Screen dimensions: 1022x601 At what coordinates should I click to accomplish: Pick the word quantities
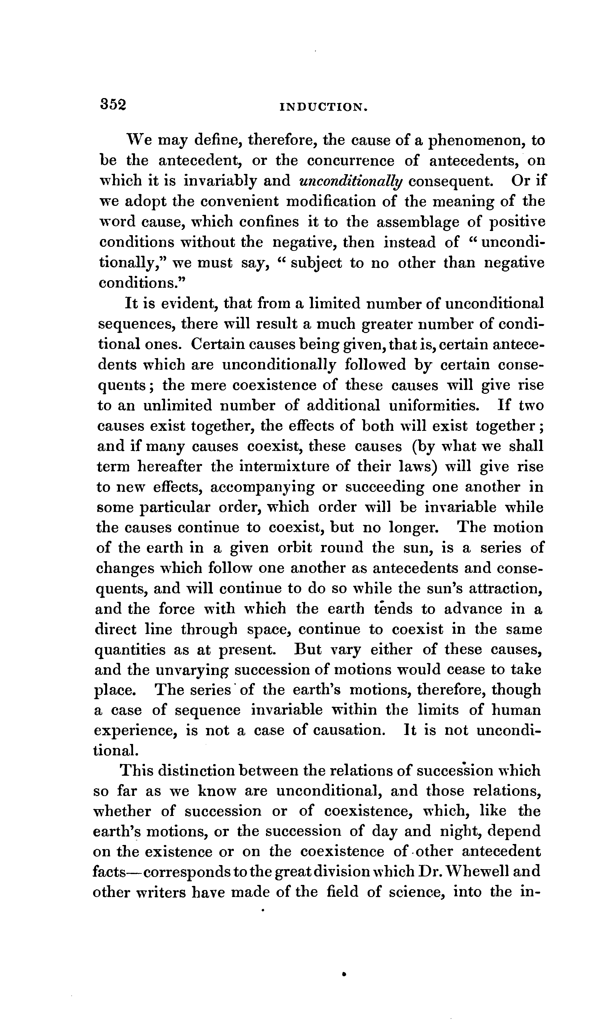[130, 650]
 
